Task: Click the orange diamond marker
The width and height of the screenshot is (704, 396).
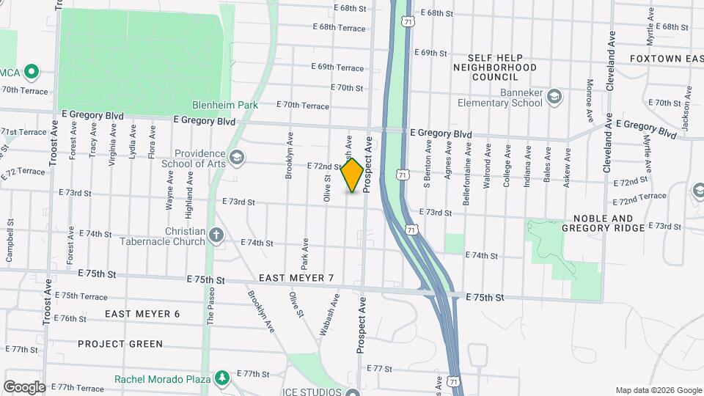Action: [x=353, y=175]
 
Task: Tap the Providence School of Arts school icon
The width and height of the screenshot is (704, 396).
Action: [x=236, y=157]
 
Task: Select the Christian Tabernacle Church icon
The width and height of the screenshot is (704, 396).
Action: [x=216, y=235]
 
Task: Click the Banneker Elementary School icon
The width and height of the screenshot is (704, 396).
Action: [x=555, y=98]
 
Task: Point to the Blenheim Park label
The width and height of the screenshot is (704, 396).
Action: [x=225, y=105]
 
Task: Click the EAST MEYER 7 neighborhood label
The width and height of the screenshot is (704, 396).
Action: [x=296, y=279]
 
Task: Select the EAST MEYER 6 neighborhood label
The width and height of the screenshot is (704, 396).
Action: [x=142, y=314]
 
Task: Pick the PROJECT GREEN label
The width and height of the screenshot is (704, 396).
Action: [x=120, y=344]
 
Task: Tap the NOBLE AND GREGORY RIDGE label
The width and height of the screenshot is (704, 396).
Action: [x=602, y=223]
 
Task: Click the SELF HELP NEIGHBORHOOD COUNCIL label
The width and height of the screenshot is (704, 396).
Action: [x=505, y=67]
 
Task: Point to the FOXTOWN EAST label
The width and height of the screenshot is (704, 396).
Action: [x=666, y=59]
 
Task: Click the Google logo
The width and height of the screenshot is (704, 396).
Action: [x=24, y=386]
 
